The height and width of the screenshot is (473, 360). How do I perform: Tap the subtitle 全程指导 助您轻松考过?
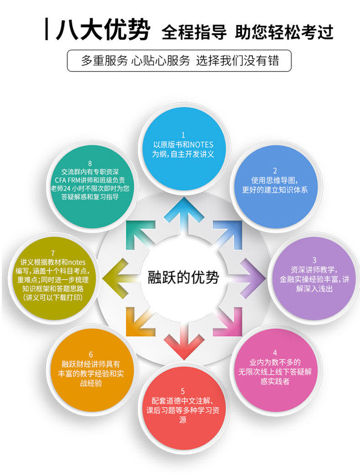coord(247,32)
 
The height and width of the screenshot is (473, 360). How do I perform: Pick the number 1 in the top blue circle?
coord(183,135)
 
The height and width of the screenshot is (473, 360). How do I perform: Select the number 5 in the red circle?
coord(183,391)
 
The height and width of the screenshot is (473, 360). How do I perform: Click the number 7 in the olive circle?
coord(53,253)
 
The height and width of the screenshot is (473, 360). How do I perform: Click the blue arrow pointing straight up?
coord(183,214)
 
